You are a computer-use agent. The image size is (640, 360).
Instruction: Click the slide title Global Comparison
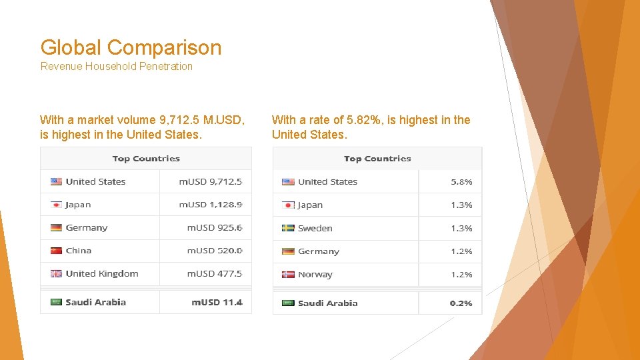131,47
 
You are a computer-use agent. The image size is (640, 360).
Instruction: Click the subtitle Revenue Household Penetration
117,66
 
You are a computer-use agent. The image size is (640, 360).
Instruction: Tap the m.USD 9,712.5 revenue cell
210,181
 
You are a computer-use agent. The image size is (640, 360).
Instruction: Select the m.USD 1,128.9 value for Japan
210,205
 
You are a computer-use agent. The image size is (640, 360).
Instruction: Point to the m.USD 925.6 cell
214,227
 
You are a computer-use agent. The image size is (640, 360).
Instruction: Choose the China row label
79,251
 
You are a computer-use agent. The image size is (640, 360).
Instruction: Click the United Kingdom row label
102,273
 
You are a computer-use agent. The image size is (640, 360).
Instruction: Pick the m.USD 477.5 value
214,273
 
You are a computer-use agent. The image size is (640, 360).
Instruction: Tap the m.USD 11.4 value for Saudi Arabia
217,302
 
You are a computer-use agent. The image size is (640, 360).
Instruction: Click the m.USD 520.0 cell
214,251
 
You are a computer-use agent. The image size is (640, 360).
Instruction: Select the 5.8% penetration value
461,181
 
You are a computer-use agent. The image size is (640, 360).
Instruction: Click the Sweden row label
315,228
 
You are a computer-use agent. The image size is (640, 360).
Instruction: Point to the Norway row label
315,274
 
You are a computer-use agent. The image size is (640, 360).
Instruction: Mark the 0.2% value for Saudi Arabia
461,303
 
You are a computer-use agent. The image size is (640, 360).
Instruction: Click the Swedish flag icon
288,228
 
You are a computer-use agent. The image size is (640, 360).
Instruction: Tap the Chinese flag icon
56,251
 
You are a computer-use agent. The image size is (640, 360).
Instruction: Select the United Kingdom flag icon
56,273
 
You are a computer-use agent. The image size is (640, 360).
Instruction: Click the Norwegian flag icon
288,274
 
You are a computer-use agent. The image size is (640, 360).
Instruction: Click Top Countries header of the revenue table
146,159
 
